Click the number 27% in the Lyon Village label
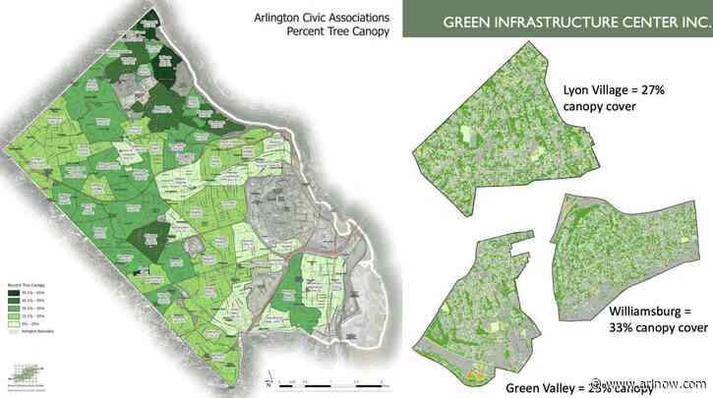[672, 85]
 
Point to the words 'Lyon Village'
[602, 85]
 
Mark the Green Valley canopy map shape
[481, 314]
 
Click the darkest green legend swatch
[14, 293]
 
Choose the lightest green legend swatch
[14, 319]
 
